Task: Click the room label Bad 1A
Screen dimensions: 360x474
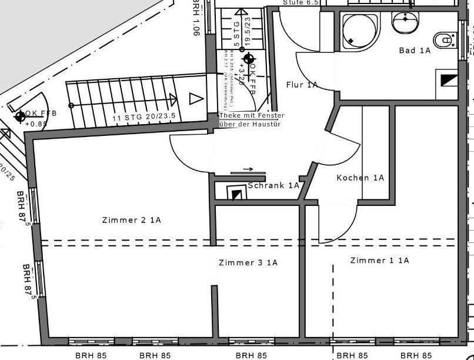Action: point(415,51)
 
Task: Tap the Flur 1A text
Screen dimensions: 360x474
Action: point(302,85)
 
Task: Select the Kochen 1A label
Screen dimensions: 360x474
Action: point(360,178)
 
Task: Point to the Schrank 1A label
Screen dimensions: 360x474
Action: point(273,185)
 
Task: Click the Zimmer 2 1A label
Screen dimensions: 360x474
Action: point(131,220)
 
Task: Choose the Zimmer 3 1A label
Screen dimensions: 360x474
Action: point(248,262)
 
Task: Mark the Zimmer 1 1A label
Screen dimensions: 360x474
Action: point(379,260)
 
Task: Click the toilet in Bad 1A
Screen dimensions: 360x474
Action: point(445,40)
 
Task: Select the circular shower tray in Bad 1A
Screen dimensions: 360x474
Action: point(359,29)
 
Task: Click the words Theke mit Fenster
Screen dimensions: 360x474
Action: point(251,115)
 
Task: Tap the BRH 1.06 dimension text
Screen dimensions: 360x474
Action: point(196,18)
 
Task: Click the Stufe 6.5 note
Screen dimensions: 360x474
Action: point(301,2)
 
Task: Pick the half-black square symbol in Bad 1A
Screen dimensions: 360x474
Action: point(448,78)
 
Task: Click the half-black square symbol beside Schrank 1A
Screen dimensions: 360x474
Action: point(236,193)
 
